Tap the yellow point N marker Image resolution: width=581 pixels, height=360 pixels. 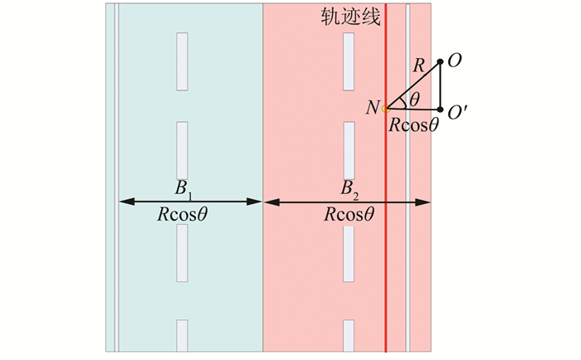pos(386,109)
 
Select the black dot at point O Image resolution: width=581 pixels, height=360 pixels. pos(440,61)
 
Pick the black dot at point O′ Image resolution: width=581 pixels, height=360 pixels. pos(440,109)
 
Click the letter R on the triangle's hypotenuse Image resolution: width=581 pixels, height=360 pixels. pos(418,66)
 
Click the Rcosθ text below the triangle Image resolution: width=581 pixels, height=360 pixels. pos(412,125)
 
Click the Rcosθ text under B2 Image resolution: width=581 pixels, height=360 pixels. pos(349,215)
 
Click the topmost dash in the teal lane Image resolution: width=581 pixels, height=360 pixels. pos(182,61)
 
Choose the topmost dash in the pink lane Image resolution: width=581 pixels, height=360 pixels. pos(349,61)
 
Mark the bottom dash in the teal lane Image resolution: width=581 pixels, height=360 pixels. pos(182,336)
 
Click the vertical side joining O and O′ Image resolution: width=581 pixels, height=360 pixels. pos(440,85)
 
